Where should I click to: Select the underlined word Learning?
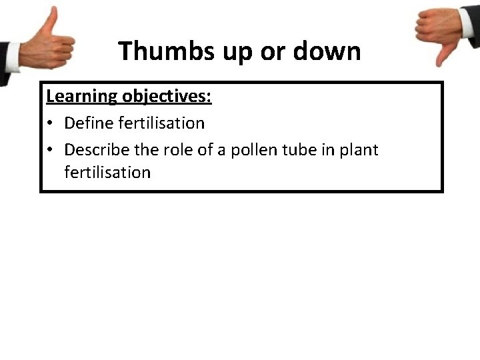[81, 96]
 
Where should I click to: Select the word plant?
[359, 151]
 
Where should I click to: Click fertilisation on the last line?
[107, 172]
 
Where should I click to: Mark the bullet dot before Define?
[51, 124]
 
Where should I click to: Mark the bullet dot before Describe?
[51, 151]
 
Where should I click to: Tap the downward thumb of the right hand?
[440, 56]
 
